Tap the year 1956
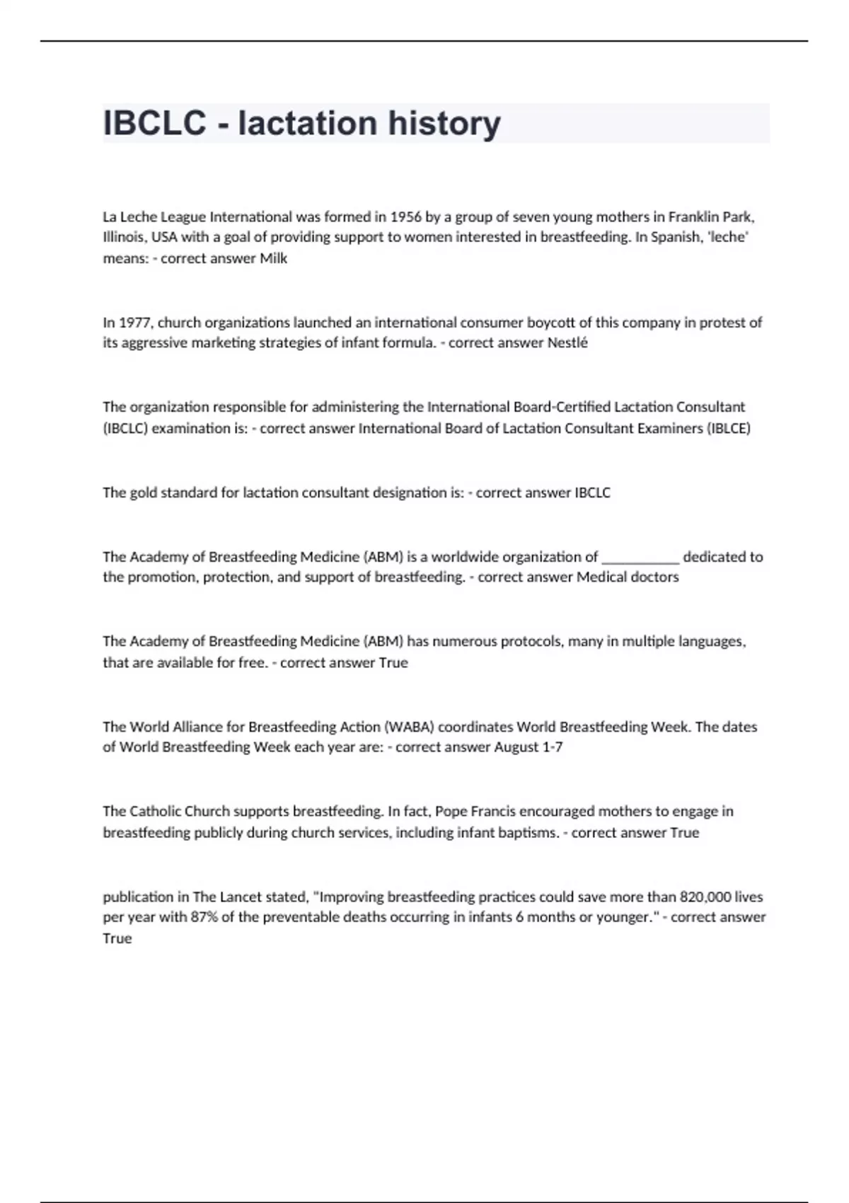tap(405, 217)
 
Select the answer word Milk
tap(273, 258)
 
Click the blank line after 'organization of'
tap(640, 557)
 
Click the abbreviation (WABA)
tap(410, 727)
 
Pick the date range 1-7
tap(552, 747)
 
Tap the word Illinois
tap(125, 237)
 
